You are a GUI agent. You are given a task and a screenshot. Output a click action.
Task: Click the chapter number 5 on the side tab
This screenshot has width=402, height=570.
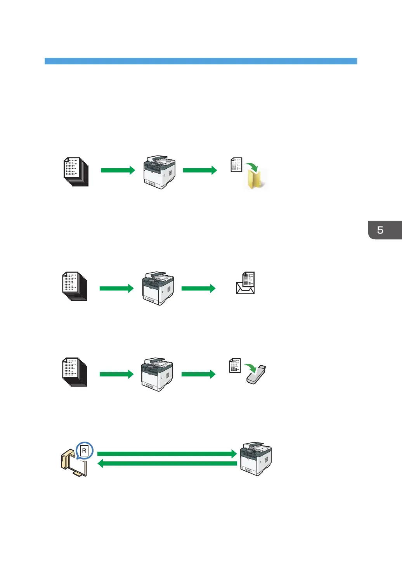click(380, 230)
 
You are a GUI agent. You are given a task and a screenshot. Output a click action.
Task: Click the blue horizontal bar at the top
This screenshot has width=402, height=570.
click(201, 61)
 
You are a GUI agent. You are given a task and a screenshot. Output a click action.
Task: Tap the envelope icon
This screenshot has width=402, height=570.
click(245, 288)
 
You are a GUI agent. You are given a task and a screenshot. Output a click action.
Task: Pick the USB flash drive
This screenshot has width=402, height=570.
click(256, 375)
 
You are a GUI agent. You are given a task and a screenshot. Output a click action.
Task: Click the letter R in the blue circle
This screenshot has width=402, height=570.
click(84, 451)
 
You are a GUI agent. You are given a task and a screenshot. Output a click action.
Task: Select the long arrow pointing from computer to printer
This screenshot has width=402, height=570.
click(167, 454)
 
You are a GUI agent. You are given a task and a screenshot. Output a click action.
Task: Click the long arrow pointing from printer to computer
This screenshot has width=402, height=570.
click(167, 463)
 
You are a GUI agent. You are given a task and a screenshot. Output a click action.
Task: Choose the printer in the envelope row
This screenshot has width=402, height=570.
click(158, 288)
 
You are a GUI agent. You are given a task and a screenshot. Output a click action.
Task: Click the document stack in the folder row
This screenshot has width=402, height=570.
click(76, 171)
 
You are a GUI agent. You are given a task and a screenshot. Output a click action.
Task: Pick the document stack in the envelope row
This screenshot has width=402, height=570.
click(75, 286)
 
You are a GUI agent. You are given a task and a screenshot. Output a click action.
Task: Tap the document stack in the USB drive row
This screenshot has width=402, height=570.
click(75, 372)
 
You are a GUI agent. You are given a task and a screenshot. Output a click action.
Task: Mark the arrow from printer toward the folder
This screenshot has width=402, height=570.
click(200, 170)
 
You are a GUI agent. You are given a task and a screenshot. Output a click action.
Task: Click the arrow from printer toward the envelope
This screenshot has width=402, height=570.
click(198, 288)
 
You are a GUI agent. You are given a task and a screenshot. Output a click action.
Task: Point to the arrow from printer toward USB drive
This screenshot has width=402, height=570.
click(198, 374)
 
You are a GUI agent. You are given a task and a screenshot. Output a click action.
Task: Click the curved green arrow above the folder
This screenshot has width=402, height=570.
click(251, 166)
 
